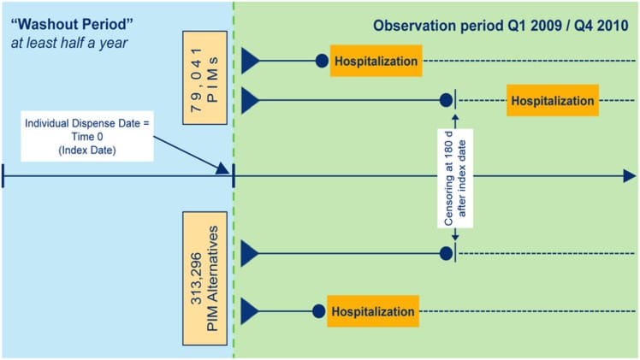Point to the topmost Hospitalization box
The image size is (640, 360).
click(x=376, y=62)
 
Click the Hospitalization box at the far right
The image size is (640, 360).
click(x=552, y=100)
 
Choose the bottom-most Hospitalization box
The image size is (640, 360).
click(x=373, y=311)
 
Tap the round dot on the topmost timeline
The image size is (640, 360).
click(x=322, y=62)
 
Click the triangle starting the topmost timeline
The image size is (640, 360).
click(x=250, y=62)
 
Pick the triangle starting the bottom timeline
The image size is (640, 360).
click(x=250, y=311)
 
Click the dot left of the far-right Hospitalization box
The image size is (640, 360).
click(x=445, y=100)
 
